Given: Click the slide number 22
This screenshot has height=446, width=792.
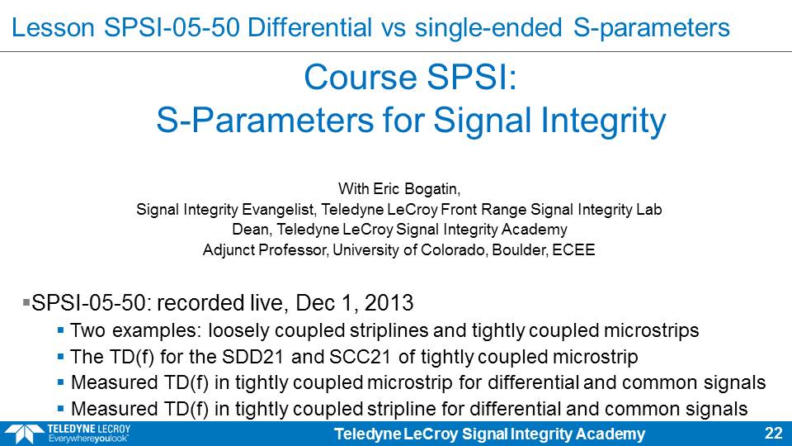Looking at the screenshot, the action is click(773, 434).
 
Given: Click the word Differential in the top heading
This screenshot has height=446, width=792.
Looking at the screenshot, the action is click(309, 27).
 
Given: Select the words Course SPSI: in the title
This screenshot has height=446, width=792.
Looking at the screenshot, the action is click(410, 78).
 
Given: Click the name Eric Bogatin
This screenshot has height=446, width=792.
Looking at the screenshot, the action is click(416, 189).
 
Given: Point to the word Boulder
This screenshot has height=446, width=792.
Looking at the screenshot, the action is click(520, 249).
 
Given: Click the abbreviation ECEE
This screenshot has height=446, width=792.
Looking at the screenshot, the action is click(574, 249).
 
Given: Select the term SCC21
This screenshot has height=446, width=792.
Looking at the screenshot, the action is click(361, 357).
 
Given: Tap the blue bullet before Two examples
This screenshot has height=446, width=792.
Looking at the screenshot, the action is click(60, 330).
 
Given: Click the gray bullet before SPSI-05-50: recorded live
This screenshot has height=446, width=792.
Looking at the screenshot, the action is click(26, 302).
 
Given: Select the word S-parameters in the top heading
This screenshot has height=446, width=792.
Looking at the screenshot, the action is click(652, 28).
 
